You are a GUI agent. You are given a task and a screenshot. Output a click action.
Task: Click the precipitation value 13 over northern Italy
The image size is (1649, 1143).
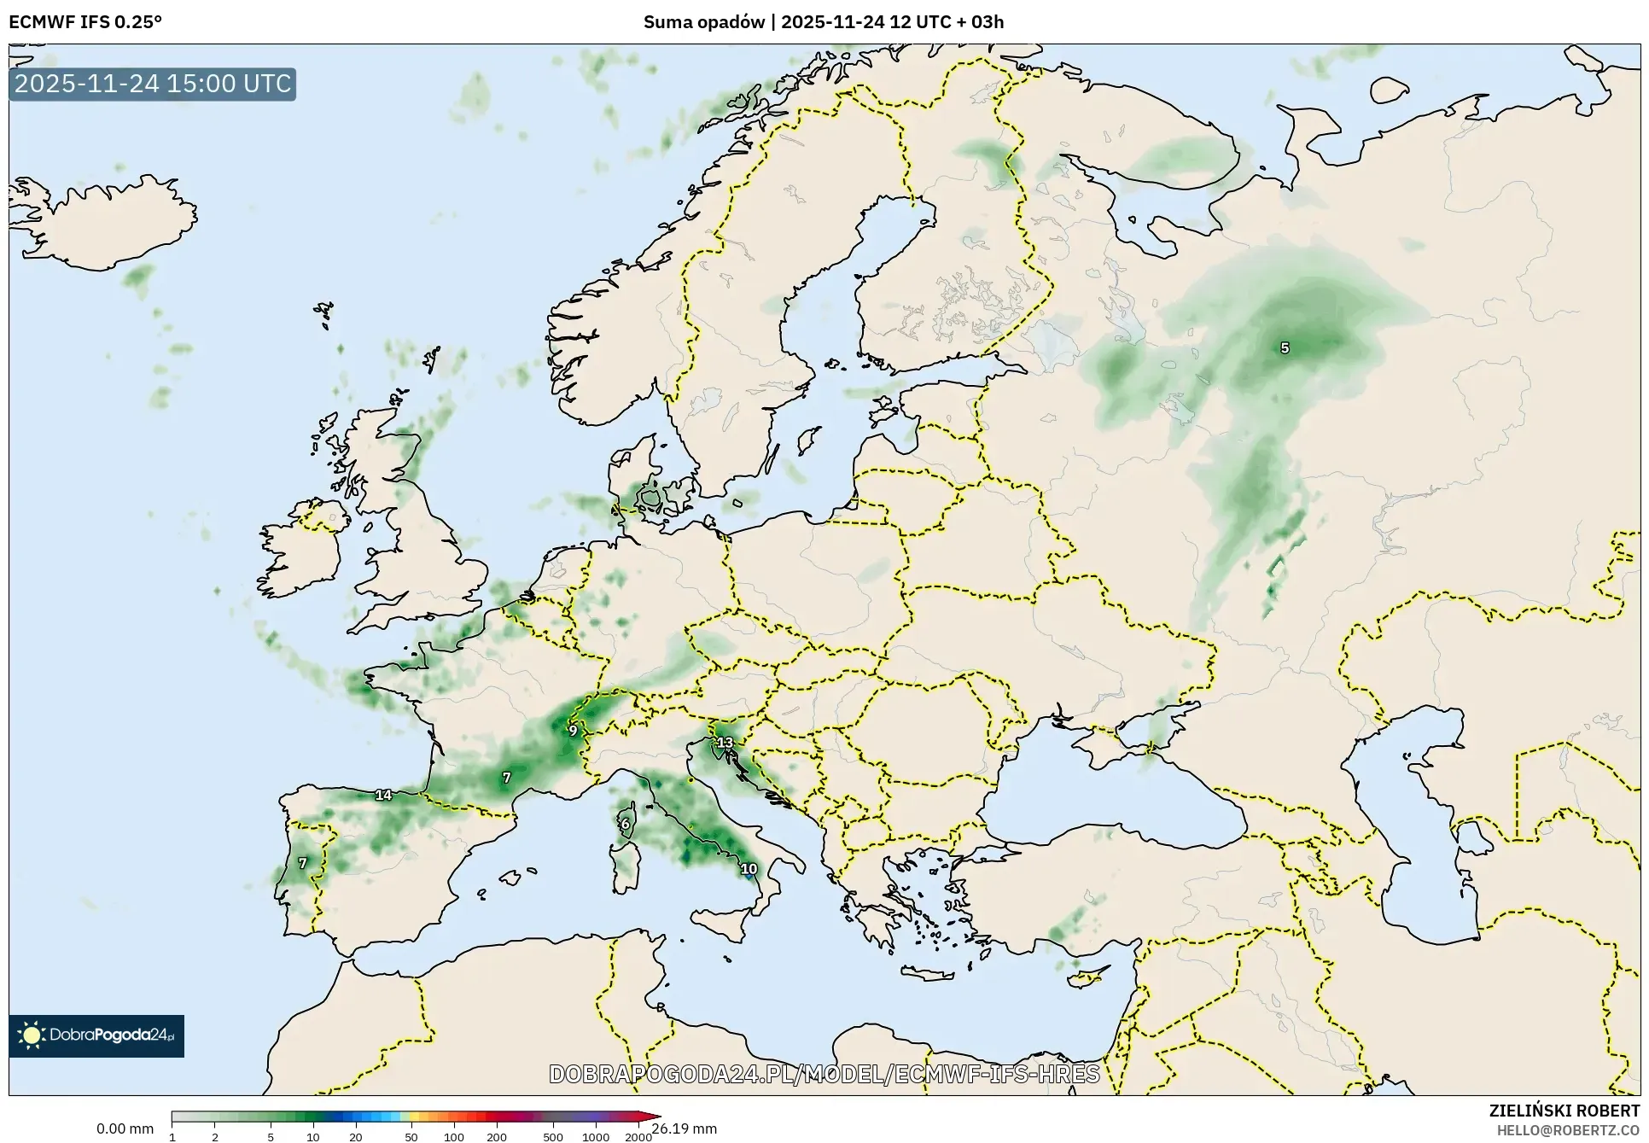tap(725, 742)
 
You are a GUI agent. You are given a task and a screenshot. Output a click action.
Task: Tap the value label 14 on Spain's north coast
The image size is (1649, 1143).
tap(383, 795)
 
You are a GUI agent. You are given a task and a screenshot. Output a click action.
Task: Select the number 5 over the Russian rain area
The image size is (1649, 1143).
tap(1285, 347)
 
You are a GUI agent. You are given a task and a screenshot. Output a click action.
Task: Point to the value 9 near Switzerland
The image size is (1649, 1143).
tap(573, 730)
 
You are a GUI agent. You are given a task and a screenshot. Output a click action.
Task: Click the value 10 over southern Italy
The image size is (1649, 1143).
tap(749, 869)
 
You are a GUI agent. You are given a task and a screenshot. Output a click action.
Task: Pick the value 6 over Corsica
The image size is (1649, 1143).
tap(626, 824)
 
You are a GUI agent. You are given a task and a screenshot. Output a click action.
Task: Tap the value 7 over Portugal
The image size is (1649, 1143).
tap(302, 863)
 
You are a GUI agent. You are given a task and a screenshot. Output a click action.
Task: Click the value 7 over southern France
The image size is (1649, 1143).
tap(507, 777)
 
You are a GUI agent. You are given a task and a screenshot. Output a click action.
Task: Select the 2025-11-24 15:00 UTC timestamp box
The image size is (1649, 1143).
tap(153, 84)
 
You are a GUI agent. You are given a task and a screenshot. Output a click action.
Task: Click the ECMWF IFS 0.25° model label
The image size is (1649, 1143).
tap(85, 22)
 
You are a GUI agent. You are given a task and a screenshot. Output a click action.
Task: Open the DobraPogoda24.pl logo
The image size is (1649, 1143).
tap(96, 1035)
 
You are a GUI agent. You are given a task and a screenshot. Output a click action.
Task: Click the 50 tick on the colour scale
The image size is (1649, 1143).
tap(411, 1136)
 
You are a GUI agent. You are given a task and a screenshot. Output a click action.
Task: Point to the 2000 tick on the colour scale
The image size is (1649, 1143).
tap(638, 1136)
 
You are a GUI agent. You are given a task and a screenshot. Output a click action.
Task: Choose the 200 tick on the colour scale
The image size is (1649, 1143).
tap(497, 1136)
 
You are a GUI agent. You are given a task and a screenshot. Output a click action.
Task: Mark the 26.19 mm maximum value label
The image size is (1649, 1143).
tap(685, 1128)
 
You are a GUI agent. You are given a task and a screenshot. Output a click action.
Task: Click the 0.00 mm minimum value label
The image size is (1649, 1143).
tap(125, 1128)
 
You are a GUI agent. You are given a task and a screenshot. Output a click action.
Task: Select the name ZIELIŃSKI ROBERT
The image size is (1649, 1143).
tap(1564, 1111)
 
